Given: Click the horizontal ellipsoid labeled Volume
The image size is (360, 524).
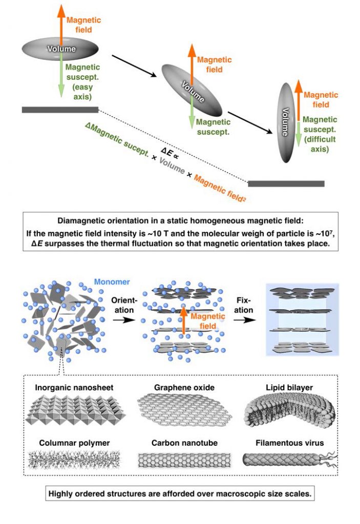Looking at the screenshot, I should point(61,49).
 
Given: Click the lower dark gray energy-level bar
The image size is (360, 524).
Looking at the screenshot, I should point(286,183).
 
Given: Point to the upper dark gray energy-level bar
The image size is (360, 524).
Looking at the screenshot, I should point(60,110).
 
